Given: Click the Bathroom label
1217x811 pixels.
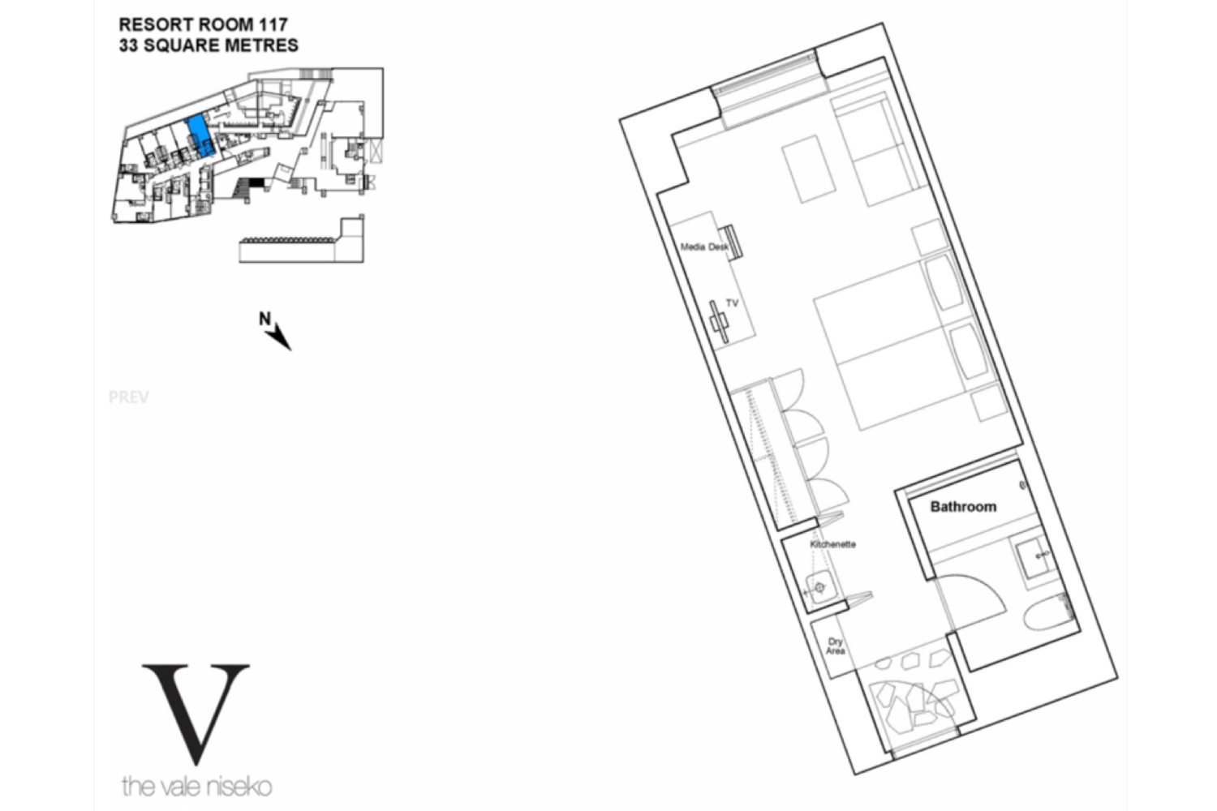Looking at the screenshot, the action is (963, 507).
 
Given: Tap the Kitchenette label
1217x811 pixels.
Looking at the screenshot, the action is (833, 544).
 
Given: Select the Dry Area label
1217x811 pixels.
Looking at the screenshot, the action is (835, 646).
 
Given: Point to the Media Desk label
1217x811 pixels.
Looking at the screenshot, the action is (704, 247).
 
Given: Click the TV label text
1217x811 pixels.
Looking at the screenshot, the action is (733, 303).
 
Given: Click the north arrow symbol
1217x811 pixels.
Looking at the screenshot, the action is (276, 331).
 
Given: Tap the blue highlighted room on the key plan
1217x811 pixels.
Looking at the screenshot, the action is (200, 135).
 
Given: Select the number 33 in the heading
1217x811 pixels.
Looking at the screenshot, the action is (128, 45).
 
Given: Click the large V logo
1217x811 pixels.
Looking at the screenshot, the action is (196, 714).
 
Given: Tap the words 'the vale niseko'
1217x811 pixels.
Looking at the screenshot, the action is (196, 787).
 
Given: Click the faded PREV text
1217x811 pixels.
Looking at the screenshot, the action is (129, 397).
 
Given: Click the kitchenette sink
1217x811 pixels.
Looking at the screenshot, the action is (819, 587).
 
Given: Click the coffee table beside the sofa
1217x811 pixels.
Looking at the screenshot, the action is (808, 169).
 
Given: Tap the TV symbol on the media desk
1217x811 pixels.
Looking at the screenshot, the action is (720, 322).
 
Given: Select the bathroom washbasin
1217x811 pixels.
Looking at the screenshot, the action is (1035, 556).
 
